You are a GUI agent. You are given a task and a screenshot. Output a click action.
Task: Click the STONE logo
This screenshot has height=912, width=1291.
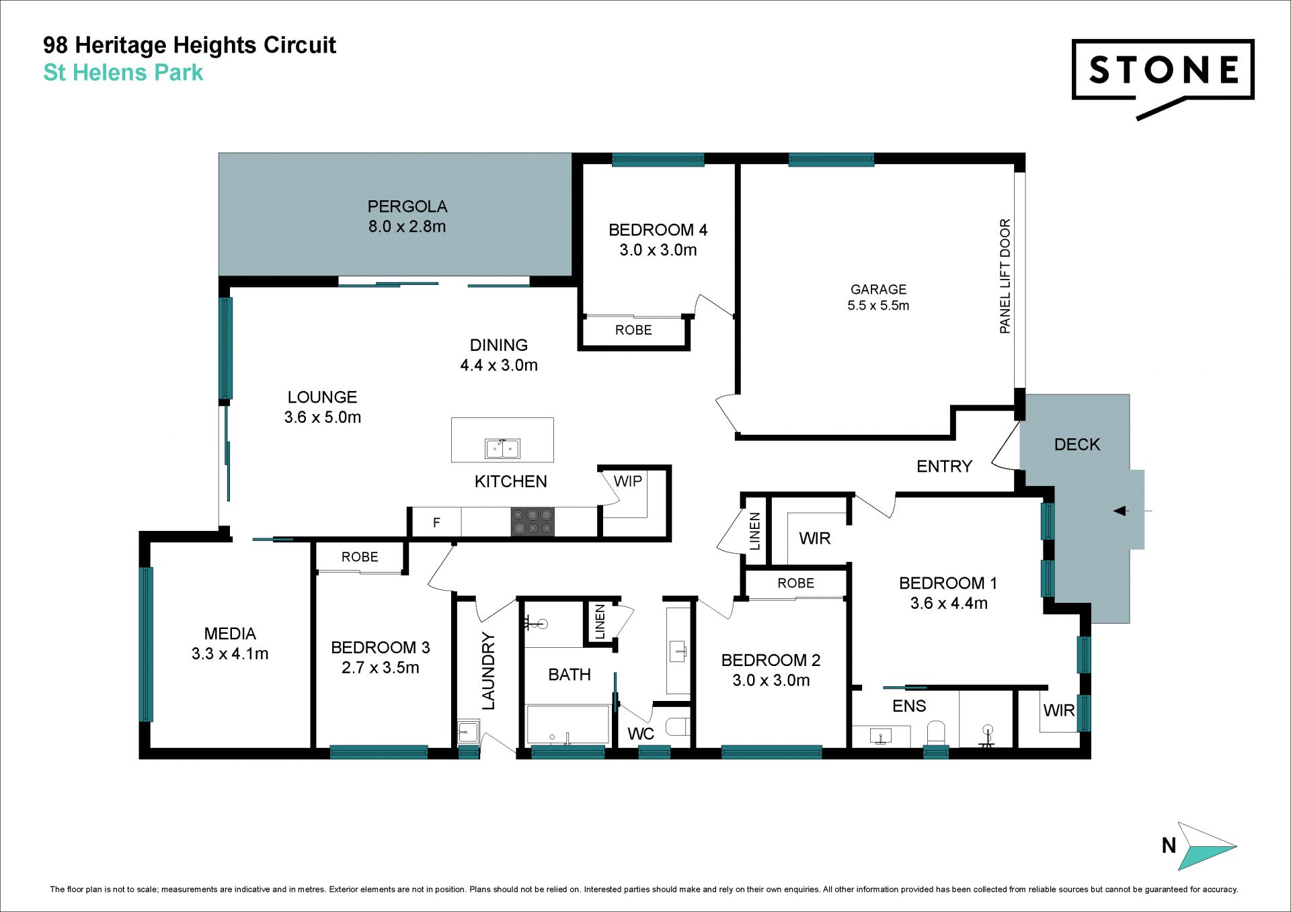(x=1163, y=77)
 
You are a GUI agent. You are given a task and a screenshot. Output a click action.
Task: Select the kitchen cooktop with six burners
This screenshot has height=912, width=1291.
(x=533, y=522)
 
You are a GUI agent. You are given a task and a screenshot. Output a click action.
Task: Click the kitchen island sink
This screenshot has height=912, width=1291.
(x=502, y=448)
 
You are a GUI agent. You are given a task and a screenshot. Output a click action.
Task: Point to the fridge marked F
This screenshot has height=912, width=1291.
(x=436, y=522)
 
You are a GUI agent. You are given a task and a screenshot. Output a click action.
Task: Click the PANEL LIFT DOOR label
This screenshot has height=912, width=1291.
(x=1005, y=276)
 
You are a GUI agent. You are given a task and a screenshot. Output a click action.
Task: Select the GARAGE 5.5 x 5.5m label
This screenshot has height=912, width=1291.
(x=878, y=297)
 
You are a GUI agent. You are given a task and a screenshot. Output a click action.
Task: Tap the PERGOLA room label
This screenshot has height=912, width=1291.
(x=407, y=206)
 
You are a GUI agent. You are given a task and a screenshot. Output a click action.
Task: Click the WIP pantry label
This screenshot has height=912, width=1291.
(x=628, y=481)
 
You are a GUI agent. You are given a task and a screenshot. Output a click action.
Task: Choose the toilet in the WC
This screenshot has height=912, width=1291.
(x=677, y=727)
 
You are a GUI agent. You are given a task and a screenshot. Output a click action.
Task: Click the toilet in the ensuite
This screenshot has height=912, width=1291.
(x=936, y=733)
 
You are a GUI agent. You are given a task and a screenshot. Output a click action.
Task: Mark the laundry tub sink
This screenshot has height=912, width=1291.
(x=468, y=731)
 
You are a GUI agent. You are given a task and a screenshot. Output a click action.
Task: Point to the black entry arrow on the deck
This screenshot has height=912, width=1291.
(x=1120, y=511)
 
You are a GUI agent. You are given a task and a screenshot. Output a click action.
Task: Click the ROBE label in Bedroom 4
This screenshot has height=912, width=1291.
(x=633, y=330)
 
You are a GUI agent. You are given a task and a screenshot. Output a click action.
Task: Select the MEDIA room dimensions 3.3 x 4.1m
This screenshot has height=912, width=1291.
(x=230, y=654)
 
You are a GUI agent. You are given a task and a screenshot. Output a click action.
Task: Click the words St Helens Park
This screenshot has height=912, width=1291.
(x=123, y=73)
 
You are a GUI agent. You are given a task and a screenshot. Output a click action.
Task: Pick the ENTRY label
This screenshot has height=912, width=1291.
(x=944, y=466)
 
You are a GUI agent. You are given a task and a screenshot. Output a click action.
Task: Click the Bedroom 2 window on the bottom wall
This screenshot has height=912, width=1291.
(x=771, y=752)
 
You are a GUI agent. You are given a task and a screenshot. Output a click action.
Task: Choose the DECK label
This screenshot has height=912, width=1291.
(x=1077, y=444)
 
